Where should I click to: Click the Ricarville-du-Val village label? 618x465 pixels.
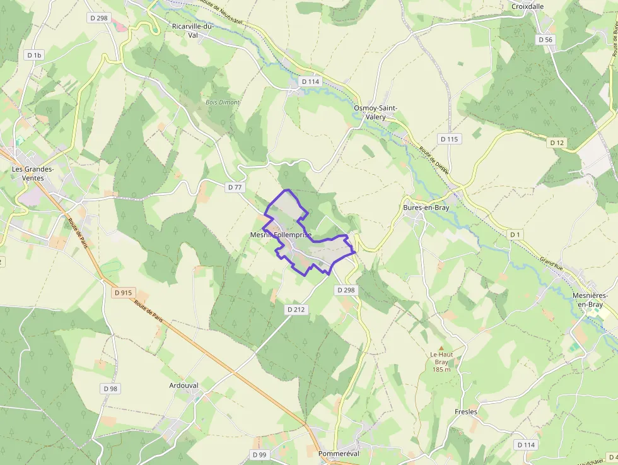click(x=193, y=30)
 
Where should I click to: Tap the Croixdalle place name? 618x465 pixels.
click(x=527, y=6)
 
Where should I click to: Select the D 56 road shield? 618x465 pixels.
click(x=545, y=39)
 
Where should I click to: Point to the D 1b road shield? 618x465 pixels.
click(x=34, y=55)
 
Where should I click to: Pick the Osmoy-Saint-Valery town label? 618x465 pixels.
click(x=375, y=112)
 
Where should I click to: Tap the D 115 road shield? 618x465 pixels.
click(x=449, y=139)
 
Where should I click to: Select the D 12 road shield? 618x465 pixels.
click(x=557, y=143)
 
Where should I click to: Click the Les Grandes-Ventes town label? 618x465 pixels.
click(x=33, y=173)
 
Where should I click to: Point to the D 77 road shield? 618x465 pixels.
click(x=235, y=187)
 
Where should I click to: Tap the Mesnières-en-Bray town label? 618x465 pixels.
click(x=589, y=300)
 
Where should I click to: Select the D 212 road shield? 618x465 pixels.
click(x=296, y=309)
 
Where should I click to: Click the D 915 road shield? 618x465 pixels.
click(x=124, y=293)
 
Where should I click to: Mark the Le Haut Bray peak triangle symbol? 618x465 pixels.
click(x=441, y=347)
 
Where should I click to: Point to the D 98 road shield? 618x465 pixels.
click(x=110, y=389)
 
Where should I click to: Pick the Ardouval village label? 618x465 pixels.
click(x=184, y=385)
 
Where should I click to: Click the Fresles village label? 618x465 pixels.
click(x=466, y=412)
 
